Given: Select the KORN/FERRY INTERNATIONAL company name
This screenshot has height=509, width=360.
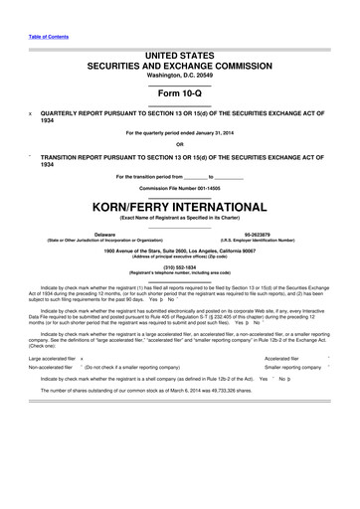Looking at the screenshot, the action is tap(180, 208).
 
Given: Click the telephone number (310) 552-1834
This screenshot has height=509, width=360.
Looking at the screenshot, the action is tap(180, 265).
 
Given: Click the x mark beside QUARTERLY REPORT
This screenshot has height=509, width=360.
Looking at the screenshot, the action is tap(32, 114).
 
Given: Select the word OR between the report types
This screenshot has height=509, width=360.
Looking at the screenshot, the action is tap(180, 145).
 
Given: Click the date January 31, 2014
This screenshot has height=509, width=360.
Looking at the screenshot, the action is tap(222, 133).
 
